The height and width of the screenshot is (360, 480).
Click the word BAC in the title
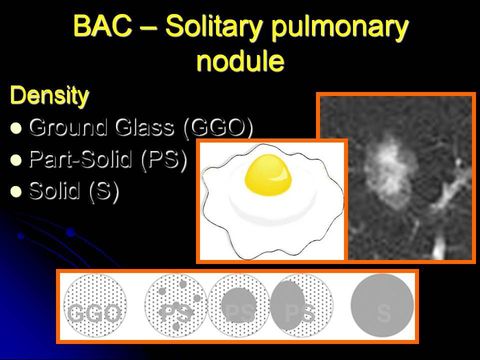102,25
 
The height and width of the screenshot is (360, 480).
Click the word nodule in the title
240,60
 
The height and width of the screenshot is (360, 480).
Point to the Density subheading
49,95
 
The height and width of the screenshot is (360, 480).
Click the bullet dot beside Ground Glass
16,128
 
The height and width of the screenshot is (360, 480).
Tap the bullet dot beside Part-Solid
16,160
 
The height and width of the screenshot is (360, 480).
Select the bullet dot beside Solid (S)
16,191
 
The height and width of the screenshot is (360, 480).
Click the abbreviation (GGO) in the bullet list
218,127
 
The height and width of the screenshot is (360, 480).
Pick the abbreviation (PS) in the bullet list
164,159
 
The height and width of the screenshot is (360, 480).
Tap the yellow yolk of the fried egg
268,175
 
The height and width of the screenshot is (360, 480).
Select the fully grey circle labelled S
382,305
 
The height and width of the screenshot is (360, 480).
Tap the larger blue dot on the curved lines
70,232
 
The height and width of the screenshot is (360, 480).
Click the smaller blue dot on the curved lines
21,235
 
